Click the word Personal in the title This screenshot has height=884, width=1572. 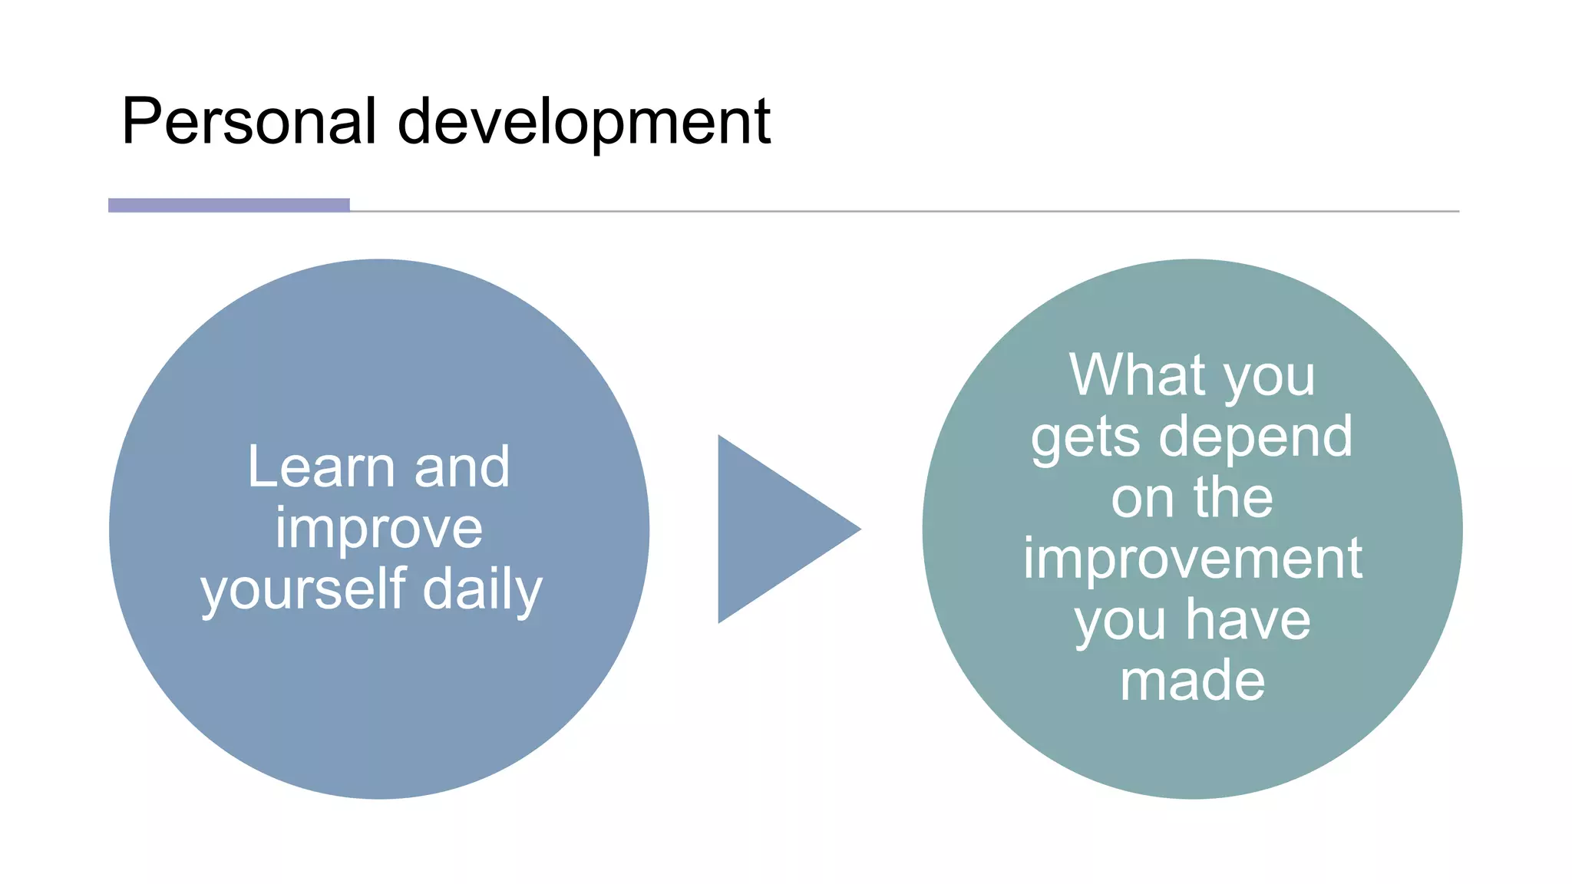[x=249, y=121]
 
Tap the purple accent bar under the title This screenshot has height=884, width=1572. [x=229, y=205]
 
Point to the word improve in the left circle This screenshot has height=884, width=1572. [x=378, y=529]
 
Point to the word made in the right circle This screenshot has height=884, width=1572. [x=1192, y=681]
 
